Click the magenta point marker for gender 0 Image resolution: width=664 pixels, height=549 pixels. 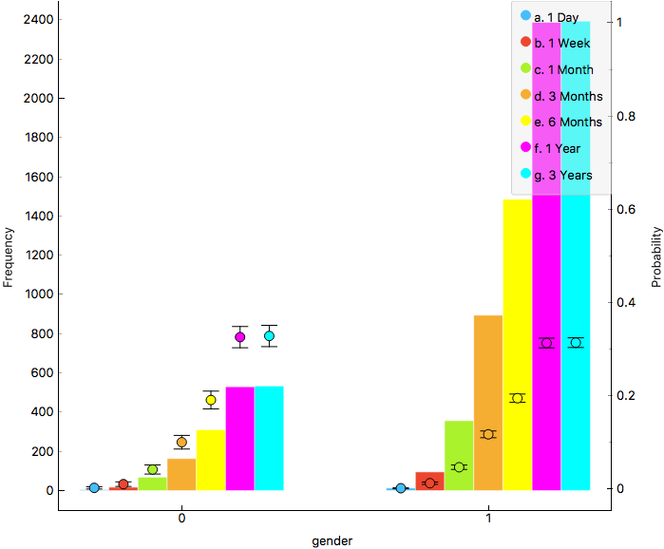coord(239,337)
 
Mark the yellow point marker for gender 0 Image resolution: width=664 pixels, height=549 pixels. coord(211,400)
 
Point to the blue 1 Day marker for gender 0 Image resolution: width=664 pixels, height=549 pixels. coord(94,488)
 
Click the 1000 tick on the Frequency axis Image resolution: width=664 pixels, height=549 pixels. coord(39,294)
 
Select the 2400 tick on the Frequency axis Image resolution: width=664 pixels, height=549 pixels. coord(39,19)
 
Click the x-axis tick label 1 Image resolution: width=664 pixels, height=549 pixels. coord(488,520)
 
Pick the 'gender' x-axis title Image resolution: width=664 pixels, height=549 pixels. coord(332,540)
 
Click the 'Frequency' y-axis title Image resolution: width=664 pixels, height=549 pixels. coord(9,256)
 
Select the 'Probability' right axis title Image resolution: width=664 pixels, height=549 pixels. coord(655,256)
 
